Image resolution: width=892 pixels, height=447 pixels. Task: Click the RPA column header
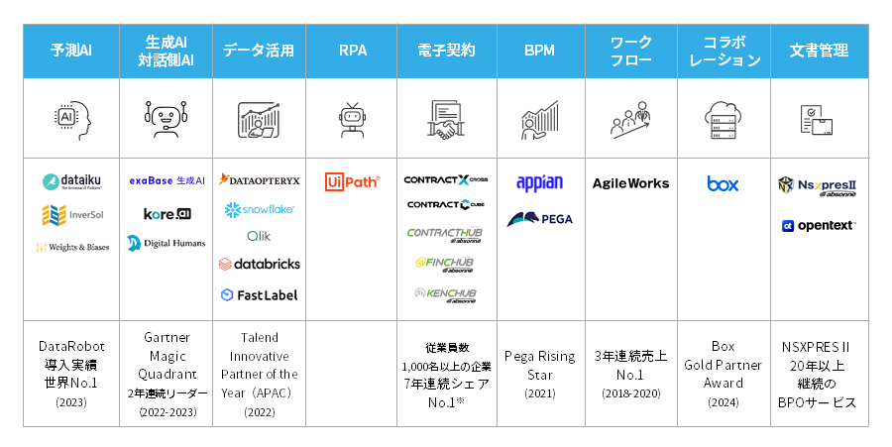[x=352, y=51]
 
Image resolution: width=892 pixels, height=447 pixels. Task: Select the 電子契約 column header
[x=447, y=51]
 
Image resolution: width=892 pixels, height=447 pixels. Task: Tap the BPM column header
[x=538, y=51]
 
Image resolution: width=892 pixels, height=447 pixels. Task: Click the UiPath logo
[x=352, y=181]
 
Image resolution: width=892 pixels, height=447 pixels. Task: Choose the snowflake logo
[x=259, y=209]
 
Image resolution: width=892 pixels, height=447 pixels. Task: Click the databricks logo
[x=259, y=264]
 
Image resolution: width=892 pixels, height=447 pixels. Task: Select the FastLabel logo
[x=259, y=294]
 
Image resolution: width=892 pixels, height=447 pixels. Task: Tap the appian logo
[x=539, y=182]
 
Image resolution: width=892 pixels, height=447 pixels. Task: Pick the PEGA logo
[x=539, y=219]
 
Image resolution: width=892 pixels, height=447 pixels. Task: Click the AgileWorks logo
[x=630, y=183]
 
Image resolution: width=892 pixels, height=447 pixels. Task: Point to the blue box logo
[x=723, y=183]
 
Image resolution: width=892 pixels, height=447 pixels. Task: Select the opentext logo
[x=818, y=225]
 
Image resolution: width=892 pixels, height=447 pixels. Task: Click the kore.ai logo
[x=166, y=213]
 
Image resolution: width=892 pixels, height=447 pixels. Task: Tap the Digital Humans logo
[x=166, y=243]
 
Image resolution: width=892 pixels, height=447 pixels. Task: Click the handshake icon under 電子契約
[x=447, y=119]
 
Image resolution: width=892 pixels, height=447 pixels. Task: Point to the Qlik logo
[x=259, y=236]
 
